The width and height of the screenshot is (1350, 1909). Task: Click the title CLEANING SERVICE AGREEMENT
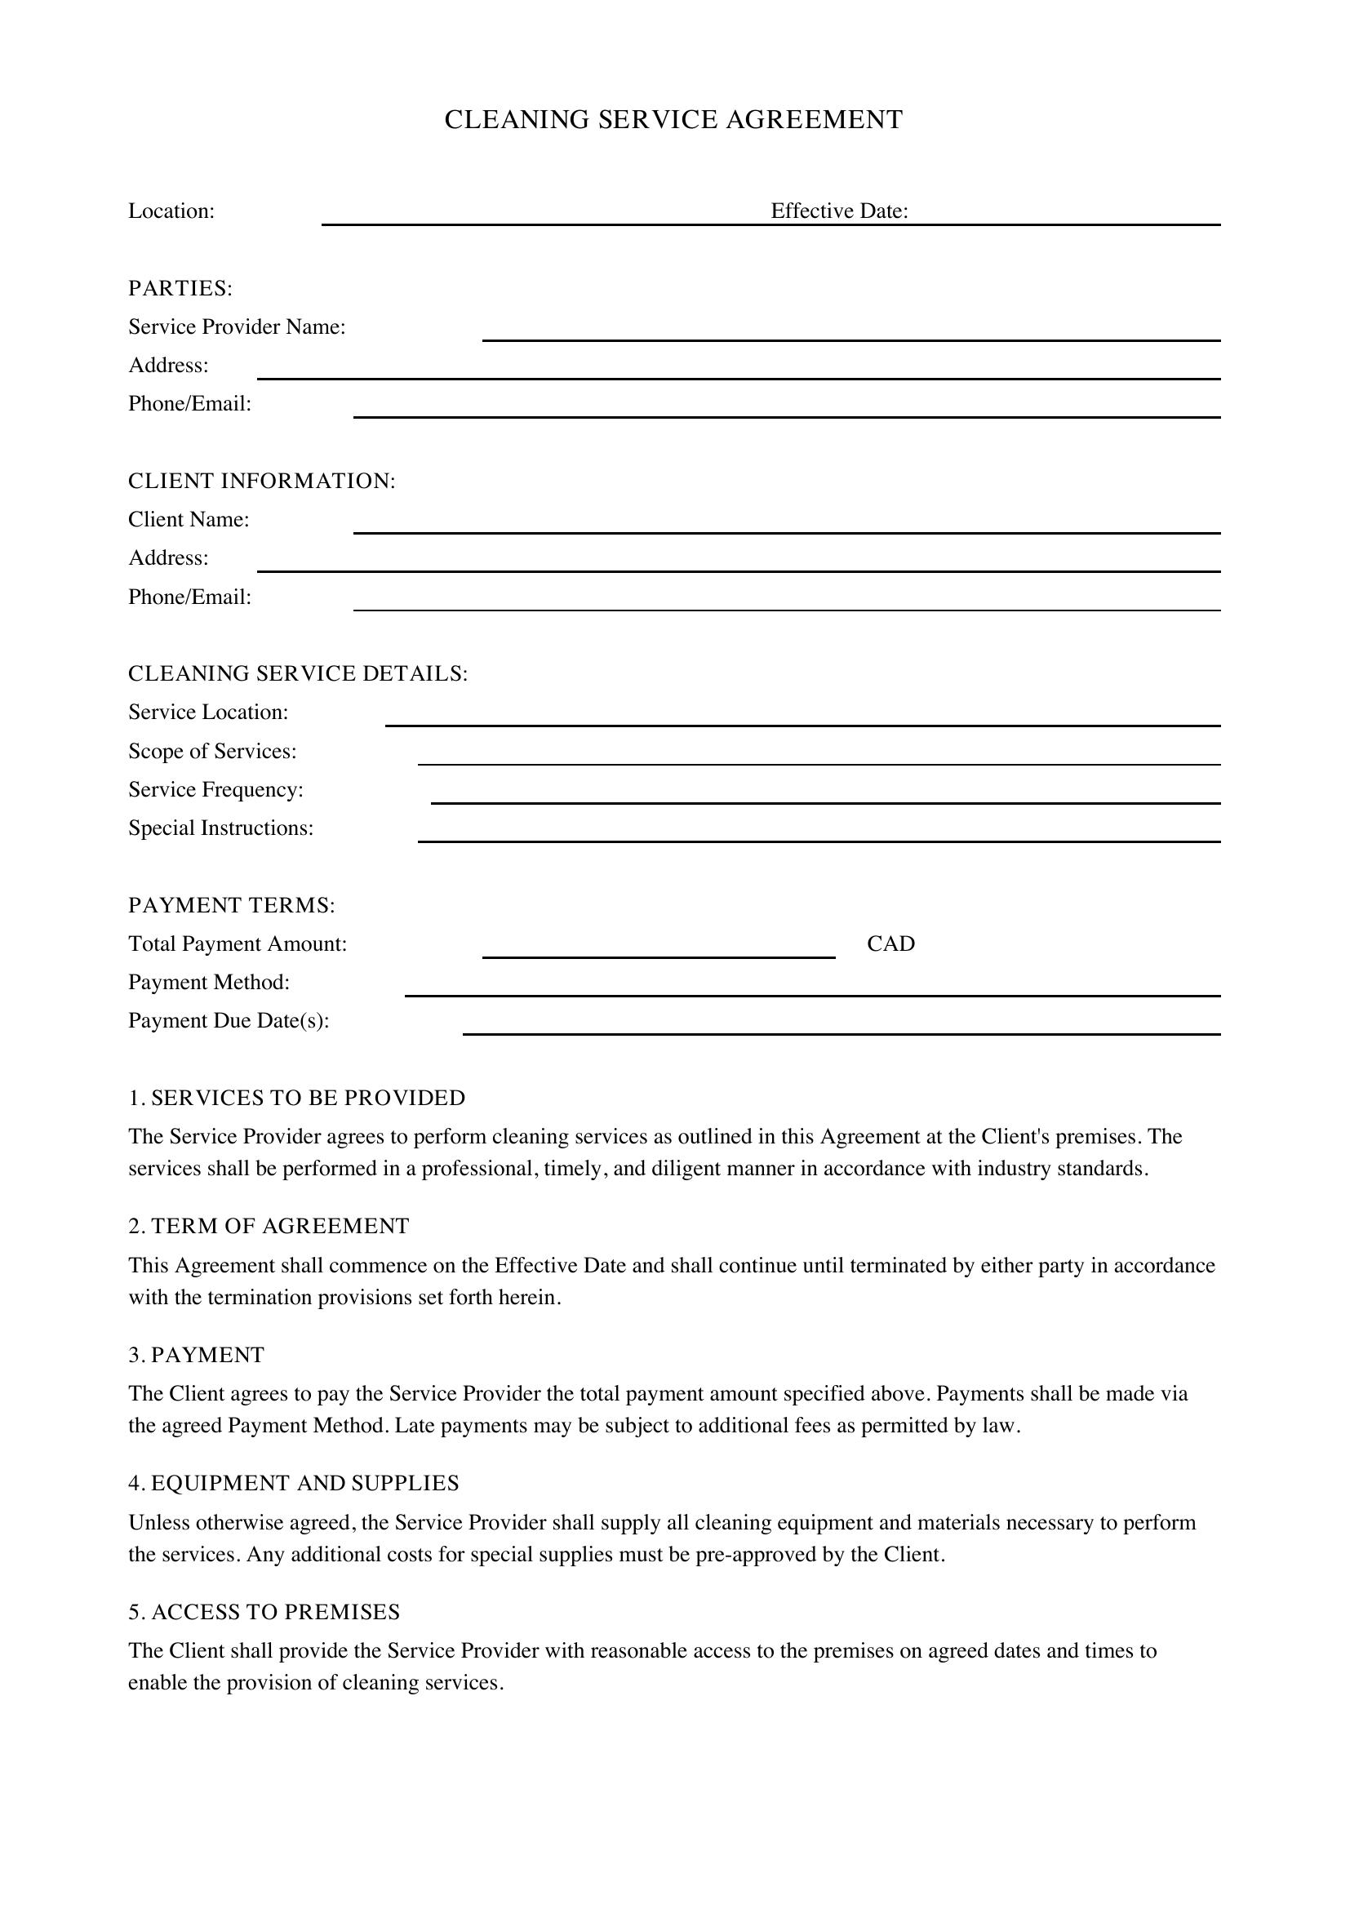coord(673,120)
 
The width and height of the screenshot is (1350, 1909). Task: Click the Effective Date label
coord(839,211)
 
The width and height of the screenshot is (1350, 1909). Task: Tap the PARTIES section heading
coord(180,288)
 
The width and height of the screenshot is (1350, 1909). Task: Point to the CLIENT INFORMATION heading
coord(262,482)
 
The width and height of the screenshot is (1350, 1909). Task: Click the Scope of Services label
coord(212,752)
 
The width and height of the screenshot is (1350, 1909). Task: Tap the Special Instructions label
coord(221,828)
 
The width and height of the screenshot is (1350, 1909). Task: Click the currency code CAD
coord(890,943)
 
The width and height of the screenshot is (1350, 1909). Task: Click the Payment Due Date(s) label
coord(229,1021)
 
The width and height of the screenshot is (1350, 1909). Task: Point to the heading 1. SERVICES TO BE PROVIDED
coord(297,1099)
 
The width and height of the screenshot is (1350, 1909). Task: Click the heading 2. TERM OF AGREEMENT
coord(269,1227)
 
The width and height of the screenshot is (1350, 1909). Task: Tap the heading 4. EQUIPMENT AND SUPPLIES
coord(294,1483)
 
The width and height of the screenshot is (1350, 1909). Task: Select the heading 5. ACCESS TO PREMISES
coord(264,1612)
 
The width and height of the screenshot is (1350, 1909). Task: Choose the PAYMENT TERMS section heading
coord(231,905)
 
